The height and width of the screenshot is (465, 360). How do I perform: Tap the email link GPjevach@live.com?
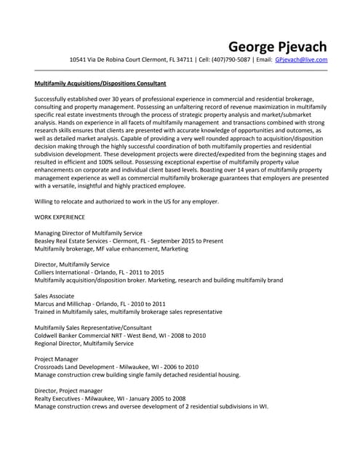point(301,60)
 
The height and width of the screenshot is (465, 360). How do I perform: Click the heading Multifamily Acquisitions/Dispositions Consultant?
point(100,84)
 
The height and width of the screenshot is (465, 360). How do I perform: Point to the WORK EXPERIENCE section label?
point(60,217)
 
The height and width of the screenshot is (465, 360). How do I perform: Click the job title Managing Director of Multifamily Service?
point(89,232)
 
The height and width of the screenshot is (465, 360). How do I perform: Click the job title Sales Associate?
point(55,296)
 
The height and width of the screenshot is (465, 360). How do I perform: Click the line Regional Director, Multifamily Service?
point(84,344)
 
